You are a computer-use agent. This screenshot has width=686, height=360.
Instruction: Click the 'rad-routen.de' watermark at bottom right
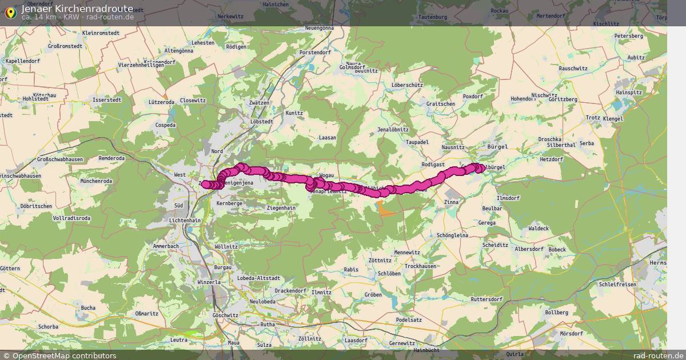click(x=659, y=355)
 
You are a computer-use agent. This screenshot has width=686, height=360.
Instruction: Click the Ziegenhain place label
click(x=281, y=208)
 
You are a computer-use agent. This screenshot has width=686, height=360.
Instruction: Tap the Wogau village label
click(x=326, y=175)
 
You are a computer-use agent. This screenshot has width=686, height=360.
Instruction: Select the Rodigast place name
click(x=433, y=164)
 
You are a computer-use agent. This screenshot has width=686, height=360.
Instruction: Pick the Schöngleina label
click(x=452, y=235)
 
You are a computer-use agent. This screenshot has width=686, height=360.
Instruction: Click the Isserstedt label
click(x=107, y=99)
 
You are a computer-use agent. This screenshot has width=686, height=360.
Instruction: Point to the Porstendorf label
click(x=316, y=53)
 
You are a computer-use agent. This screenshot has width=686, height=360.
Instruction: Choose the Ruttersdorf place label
click(x=486, y=299)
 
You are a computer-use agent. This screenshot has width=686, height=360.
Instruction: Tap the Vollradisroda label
click(x=73, y=218)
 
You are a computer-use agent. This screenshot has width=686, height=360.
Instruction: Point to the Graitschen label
click(x=441, y=104)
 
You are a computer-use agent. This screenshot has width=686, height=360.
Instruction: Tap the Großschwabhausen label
click(x=59, y=159)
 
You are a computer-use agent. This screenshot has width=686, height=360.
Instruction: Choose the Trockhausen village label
click(x=421, y=266)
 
